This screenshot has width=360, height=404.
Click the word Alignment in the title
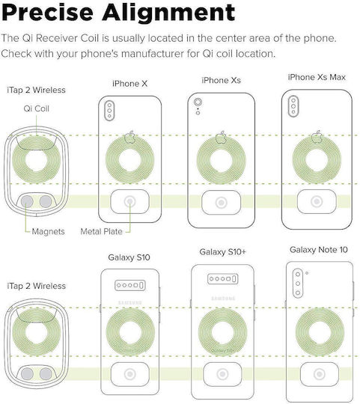(x=168, y=12)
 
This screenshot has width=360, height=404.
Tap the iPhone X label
(x=130, y=84)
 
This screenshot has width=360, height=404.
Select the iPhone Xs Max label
(x=317, y=77)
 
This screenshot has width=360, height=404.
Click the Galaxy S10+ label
(x=222, y=251)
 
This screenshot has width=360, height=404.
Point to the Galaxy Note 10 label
(x=319, y=250)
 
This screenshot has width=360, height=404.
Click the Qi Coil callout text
(x=37, y=108)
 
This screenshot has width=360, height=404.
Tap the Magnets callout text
(x=48, y=231)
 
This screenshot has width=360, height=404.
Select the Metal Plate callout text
(x=101, y=231)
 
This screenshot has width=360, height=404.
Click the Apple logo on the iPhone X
(x=130, y=137)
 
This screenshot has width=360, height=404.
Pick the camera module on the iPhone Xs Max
(x=293, y=106)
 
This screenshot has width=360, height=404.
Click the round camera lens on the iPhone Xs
(x=198, y=102)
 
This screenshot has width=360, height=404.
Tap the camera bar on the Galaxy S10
(x=130, y=285)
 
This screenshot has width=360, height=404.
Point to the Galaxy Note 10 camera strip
(x=298, y=284)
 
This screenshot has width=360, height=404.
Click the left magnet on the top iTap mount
(x=27, y=201)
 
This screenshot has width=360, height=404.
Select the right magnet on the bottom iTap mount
(x=46, y=374)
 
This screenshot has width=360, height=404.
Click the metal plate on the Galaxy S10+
(x=222, y=374)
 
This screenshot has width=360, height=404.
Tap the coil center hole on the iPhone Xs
(x=221, y=160)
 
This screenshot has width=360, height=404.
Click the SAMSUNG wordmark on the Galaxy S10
(x=130, y=302)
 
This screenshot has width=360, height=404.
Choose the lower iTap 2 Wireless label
(x=37, y=286)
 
